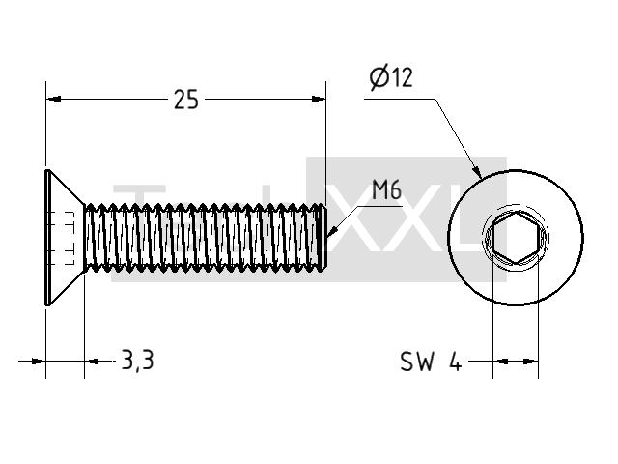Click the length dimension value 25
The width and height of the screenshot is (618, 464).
186,100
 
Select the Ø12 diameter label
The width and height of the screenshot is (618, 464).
391,77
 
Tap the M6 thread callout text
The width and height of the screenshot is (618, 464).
386,189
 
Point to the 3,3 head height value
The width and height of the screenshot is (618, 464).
137,361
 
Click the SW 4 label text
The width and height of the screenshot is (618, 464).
431,362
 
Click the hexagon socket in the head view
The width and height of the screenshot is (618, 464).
516,237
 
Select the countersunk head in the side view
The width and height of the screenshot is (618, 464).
65,238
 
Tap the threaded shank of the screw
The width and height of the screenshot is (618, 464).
205,238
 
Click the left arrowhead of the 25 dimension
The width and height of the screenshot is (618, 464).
54,99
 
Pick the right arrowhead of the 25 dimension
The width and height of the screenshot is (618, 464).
319,99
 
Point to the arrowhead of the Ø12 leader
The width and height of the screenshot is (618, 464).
477,171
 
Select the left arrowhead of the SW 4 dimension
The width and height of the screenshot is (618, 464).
500,361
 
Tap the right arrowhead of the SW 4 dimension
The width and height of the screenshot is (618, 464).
530,361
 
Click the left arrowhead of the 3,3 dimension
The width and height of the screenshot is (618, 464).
39,361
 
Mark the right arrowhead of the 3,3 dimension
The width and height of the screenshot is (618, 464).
93,361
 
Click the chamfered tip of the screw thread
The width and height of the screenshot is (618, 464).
323,238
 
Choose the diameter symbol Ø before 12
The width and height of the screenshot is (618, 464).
379,77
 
